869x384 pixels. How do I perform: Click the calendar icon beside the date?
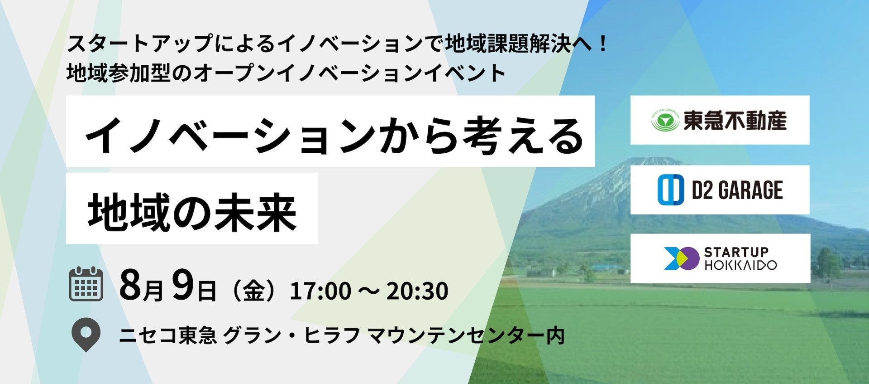pos(86,284)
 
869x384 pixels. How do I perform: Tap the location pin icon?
pos(86,335)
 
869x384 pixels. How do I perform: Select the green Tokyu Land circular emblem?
pos(665,120)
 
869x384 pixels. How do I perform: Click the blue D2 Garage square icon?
pos(670,190)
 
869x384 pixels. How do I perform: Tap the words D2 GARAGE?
pos(737,190)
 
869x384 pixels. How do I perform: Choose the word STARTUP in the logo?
pos(736,252)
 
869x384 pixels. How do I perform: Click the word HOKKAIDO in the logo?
pos(740,265)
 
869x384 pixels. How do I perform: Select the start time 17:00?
pos(320,291)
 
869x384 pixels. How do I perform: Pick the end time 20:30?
pos(417,291)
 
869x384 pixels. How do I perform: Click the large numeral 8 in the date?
pos(130,284)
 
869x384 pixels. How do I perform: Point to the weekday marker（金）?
pos(253,291)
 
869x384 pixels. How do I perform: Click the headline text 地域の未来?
pos(192,212)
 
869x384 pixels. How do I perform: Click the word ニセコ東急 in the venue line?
pos(167,335)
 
